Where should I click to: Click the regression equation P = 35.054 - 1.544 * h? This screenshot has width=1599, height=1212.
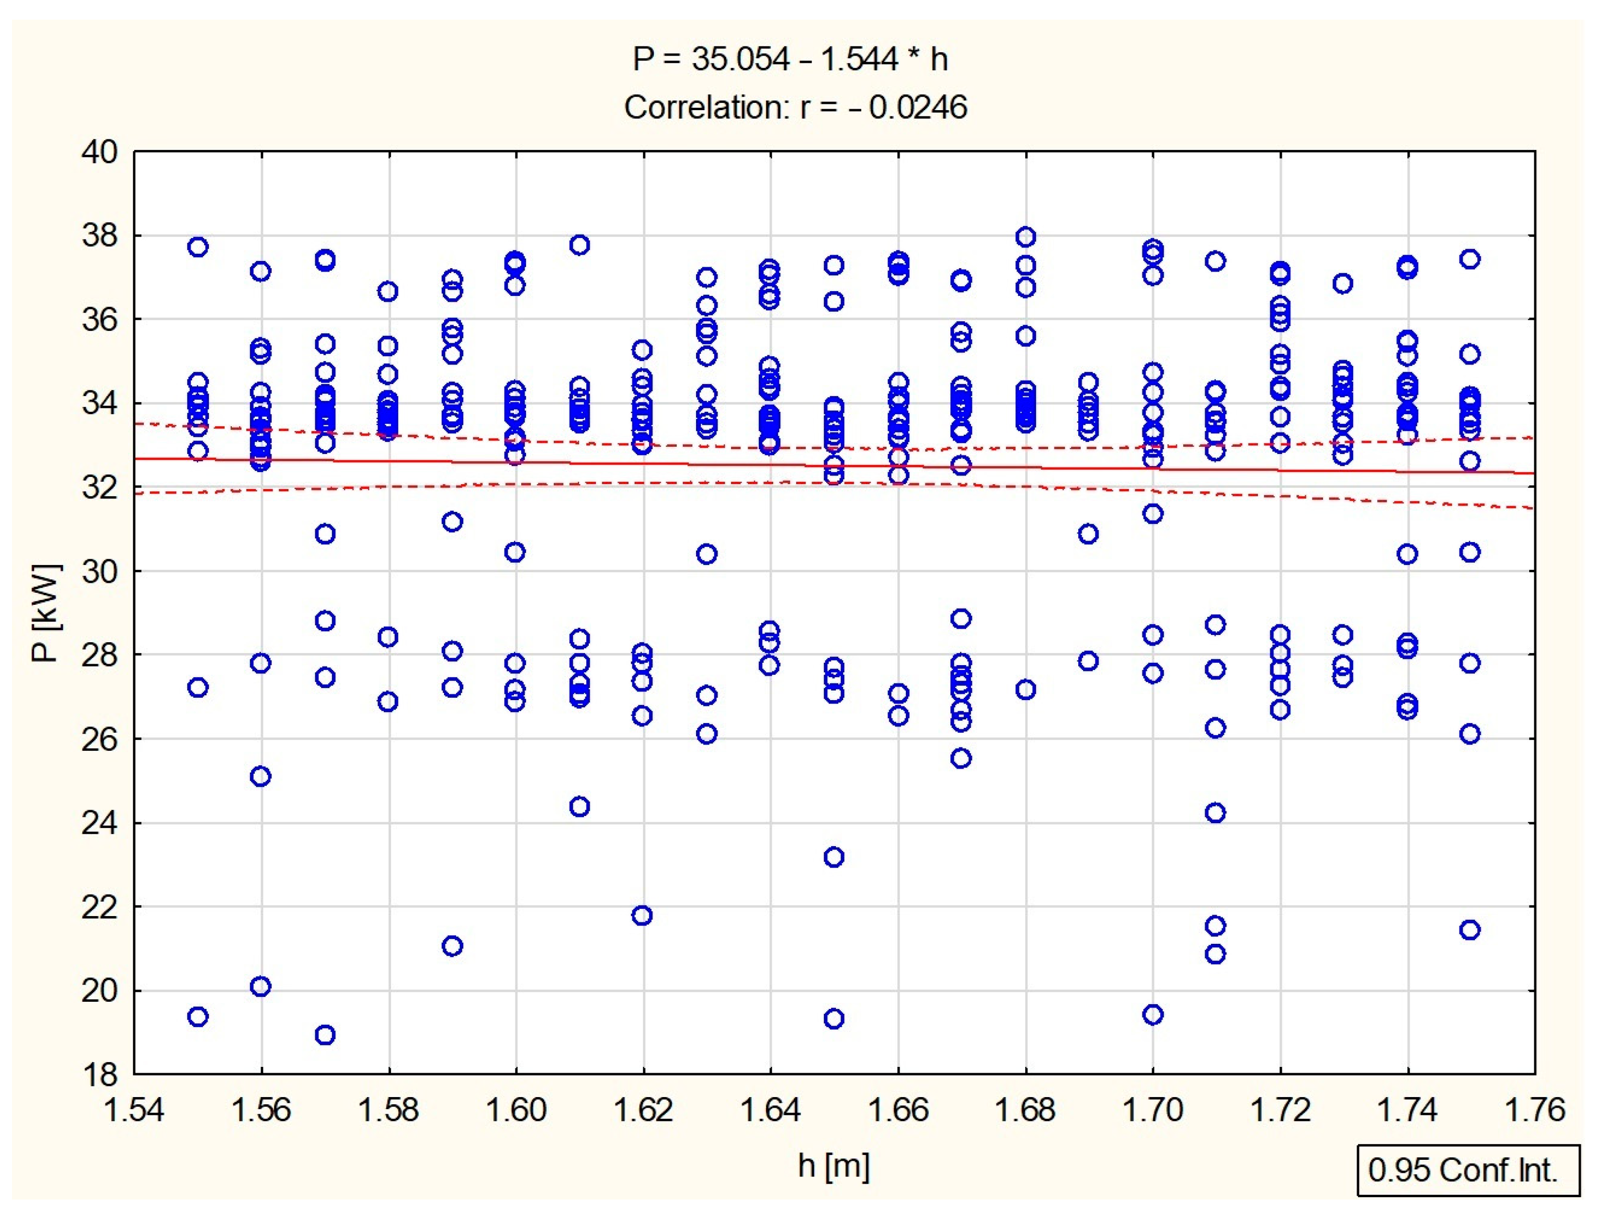(x=789, y=59)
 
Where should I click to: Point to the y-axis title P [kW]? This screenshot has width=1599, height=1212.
(x=46, y=613)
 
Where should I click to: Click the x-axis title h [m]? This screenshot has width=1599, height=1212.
(x=834, y=1166)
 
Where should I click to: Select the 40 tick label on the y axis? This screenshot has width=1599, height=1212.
(x=99, y=152)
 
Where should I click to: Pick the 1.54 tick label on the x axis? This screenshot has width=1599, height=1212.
(x=135, y=1110)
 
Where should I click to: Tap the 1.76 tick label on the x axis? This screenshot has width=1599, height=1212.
(x=1534, y=1110)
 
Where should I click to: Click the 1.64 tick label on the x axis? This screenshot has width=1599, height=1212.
(x=770, y=1110)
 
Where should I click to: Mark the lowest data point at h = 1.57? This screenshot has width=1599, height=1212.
(x=325, y=1035)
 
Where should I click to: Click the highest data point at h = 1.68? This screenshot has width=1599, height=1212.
(x=1025, y=237)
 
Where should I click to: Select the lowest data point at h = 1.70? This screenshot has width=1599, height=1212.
(x=1153, y=1015)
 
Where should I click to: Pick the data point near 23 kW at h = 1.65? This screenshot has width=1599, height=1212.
(x=834, y=857)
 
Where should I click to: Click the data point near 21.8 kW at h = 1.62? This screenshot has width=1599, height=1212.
(x=642, y=916)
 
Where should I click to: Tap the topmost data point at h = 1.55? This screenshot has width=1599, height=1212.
(x=197, y=247)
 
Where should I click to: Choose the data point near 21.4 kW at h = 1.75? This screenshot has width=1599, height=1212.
(x=1470, y=930)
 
